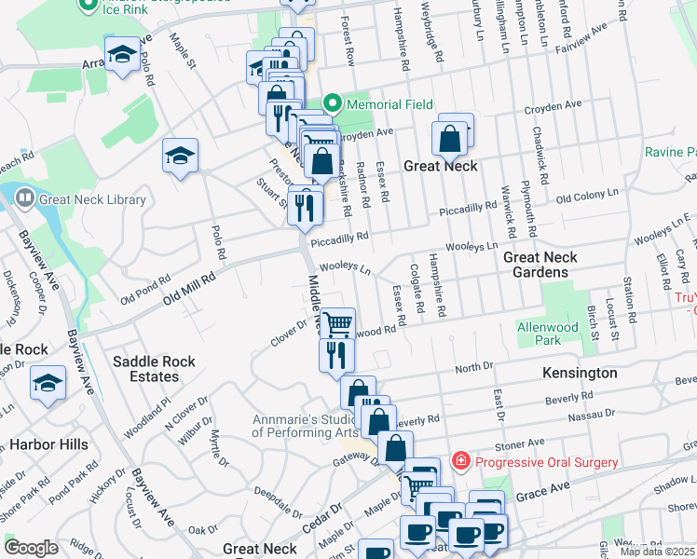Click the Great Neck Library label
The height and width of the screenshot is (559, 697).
(92, 199)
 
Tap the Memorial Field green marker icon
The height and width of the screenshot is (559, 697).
(331, 104)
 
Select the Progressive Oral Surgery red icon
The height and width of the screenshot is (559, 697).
(459, 461)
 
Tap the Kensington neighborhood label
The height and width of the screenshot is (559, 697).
(580, 373)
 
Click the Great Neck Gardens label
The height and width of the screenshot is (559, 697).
(540, 265)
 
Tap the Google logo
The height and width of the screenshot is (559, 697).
(31, 548)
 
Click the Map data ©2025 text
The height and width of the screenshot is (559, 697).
(658, 551)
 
